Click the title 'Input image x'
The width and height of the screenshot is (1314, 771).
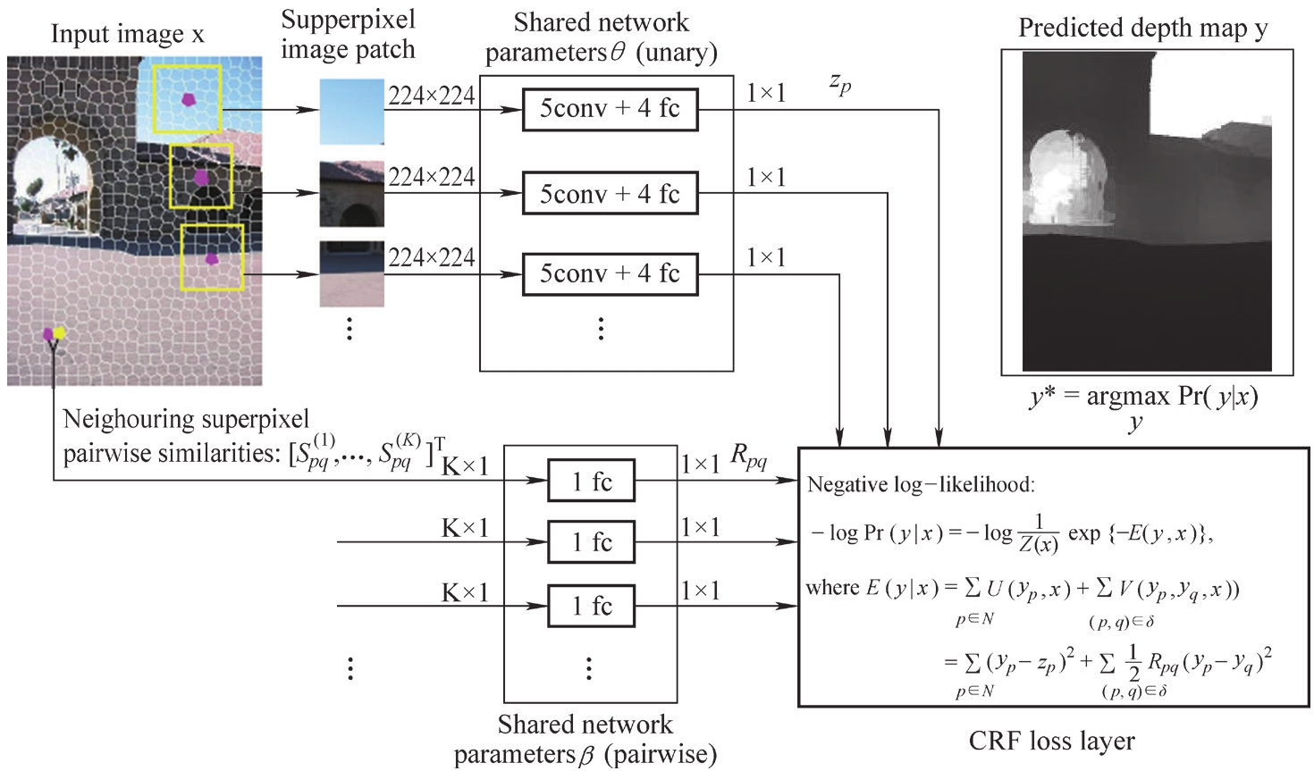[x=127, y=34]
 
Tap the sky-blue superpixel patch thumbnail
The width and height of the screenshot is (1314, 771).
[x=352, y=112]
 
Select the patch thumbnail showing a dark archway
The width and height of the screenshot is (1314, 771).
[x=352, y=194]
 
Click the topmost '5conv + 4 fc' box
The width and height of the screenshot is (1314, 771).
[x=610, y=110]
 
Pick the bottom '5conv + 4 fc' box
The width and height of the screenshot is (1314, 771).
[x=610, y=273]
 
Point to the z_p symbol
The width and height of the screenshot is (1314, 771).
[x=840, y=84]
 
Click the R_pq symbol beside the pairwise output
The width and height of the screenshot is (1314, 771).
[x=749, y=457]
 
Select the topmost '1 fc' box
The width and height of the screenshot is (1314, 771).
[x=591, y=482]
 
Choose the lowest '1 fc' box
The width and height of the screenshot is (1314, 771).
[x=591, y=607]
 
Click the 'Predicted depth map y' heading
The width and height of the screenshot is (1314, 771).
[x=1142, y=29]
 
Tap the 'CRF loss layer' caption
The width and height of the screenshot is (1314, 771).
[x=1051, y=742]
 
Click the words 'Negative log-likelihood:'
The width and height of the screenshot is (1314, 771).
[x=920, y=485]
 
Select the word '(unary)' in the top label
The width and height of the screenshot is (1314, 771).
[x=677, y=53]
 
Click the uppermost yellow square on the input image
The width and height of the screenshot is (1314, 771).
[x=187, y=98]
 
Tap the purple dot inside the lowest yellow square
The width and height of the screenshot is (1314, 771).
[x=211, y=258]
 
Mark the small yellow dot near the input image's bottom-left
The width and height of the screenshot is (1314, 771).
[x=60, y=333]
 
